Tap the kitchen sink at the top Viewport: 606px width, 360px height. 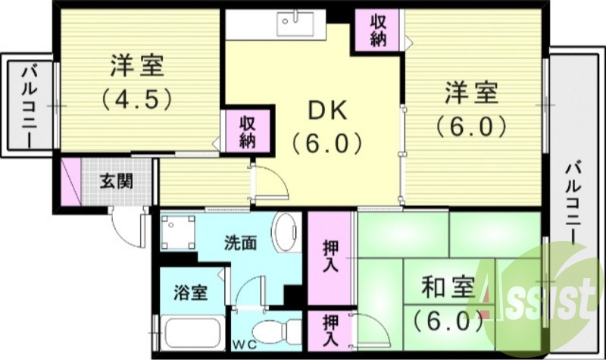coord(291,25)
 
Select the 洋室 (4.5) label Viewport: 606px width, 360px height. coord(136,80)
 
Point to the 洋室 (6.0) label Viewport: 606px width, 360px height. coord(470,109)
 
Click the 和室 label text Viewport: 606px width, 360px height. coord(448,289)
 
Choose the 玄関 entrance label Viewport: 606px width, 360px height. coord(117,181)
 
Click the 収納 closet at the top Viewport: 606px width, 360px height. coord(378,31)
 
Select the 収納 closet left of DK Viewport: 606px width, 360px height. coord(247,131)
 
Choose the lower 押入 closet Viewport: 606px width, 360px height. coord(330,330)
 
